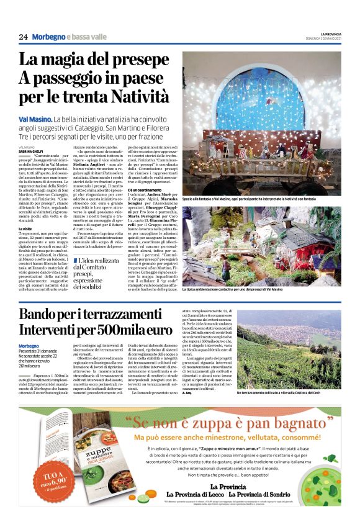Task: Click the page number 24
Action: pos(23,37)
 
